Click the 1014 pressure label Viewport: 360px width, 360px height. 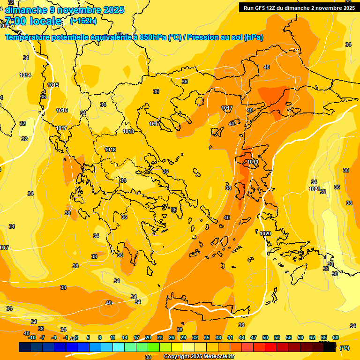tap(25, 75)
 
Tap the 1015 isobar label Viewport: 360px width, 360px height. tap(53, 85)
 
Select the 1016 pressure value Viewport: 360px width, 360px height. tap(62, 110)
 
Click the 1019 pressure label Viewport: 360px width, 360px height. tap(253, 162)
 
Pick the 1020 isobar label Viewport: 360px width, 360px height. tap(265, 233)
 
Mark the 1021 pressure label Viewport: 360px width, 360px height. tap(314, 189)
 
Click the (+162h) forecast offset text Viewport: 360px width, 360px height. tap(83, 21)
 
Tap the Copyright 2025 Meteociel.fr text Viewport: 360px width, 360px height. tap(199, 357)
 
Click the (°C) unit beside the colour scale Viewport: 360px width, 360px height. tap(345, 348)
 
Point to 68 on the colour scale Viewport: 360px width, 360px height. tap(336, 337)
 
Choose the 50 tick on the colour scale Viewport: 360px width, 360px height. tap(265, 337)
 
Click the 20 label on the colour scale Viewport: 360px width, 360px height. tap(148, 337)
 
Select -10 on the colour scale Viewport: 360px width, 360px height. tap(32, 337)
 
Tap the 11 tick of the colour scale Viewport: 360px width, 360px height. tap(112, 337)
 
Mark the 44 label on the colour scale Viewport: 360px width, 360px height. tap(242, 337)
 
